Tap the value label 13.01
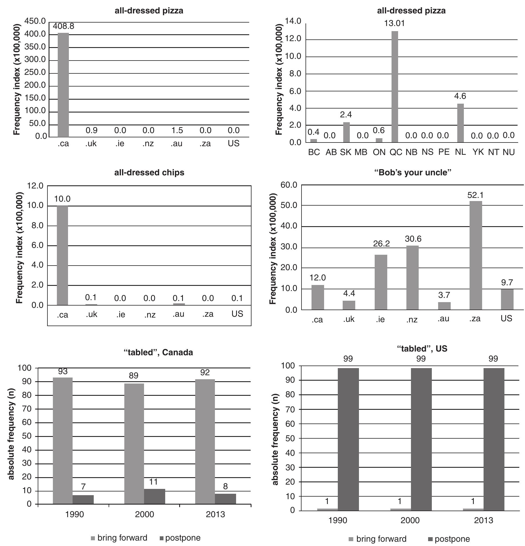(394, 23)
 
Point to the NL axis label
(460, 152)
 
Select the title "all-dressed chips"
(149, 172)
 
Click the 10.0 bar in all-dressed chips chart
(62, 255)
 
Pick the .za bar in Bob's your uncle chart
(476, 255)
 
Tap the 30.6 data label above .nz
(413, 238)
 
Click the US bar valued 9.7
(507, 299)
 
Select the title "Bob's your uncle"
(413, 172)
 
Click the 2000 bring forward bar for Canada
(134, 444)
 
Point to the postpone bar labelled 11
(154, 496)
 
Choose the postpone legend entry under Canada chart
(180, 538)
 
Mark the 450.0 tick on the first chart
(35, 21)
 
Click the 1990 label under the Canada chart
(74, 514)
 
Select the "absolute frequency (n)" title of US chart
(275, 438)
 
